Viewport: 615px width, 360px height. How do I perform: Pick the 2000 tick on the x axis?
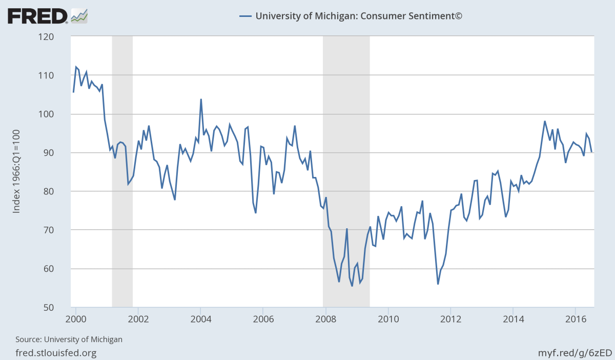tap(76, 317)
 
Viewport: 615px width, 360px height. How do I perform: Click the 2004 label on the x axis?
tap(200, 317)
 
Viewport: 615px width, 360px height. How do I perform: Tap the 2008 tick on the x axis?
tap(325, 317)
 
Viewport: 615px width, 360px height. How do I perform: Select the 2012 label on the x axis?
tap(450, 317)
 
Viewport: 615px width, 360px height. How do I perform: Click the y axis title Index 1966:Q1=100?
tap(16, 172)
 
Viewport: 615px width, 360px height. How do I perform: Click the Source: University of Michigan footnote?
tap(69, 339)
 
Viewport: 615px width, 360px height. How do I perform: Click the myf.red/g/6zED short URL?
tap(575, 353)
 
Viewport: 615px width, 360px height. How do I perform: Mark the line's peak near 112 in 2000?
tap(76, 67)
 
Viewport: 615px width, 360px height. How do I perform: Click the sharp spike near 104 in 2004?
tap(201, 99)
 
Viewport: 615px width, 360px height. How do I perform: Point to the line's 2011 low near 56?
tap(438, 284)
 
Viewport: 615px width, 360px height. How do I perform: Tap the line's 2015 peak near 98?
tap(545, 121)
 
